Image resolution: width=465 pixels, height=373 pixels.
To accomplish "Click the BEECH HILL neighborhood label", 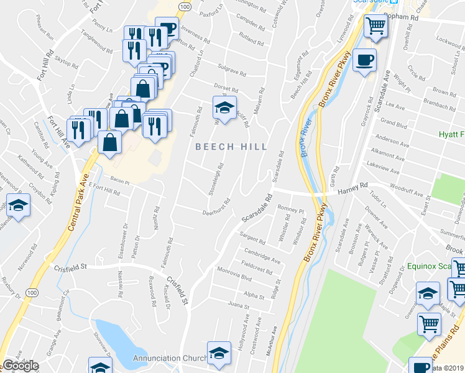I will (x=231, y=147).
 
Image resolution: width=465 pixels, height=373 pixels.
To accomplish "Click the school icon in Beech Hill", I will (x=224, y=108).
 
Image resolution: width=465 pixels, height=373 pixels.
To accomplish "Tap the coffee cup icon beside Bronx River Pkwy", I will (x=364, y=60).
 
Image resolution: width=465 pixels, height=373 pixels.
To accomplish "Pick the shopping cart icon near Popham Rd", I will (x=375, y=26).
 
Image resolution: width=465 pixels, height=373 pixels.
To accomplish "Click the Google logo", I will (x=21, y=366).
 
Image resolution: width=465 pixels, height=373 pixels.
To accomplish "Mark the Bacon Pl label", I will (x=119, y=181).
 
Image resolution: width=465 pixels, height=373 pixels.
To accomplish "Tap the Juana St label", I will (x=239, y=306).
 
